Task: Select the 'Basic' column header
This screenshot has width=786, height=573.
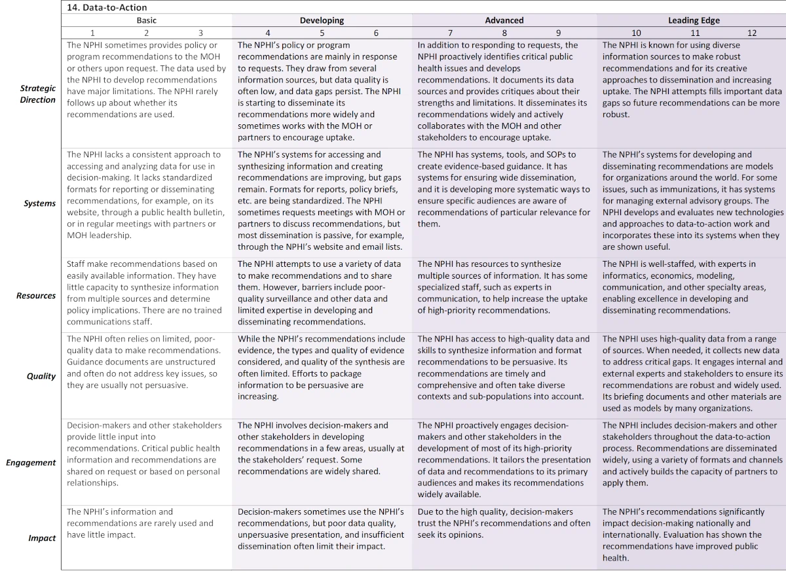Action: pos(147,20)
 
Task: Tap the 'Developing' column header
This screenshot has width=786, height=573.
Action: pos(322,20)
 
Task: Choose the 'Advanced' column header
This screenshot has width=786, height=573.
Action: pos(504,20)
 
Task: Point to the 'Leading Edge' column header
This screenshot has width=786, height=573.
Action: pos(694,20)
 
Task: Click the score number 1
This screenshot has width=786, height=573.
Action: pos(92,33)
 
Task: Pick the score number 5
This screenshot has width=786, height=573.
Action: pos(322,33)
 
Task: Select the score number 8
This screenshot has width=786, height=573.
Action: pos(504,33)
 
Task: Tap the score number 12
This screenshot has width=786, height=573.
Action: pos(752,33)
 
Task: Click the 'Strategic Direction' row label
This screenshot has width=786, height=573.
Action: pos(37,94)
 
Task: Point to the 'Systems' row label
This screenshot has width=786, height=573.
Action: pos(41,203)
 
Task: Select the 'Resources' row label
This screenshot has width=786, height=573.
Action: pos(36,296)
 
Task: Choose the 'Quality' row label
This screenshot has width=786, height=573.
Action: pos(41,376)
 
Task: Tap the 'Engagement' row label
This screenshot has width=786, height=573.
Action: pos(31,462)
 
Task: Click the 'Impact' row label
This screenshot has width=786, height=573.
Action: pos(42,538)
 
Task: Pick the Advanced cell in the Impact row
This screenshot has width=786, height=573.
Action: pos(504,523)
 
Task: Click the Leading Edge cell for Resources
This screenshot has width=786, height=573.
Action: pos(691,287)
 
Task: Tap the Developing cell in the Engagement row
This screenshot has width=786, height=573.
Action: pos(322,448)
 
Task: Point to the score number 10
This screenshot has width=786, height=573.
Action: pos(636,33)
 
